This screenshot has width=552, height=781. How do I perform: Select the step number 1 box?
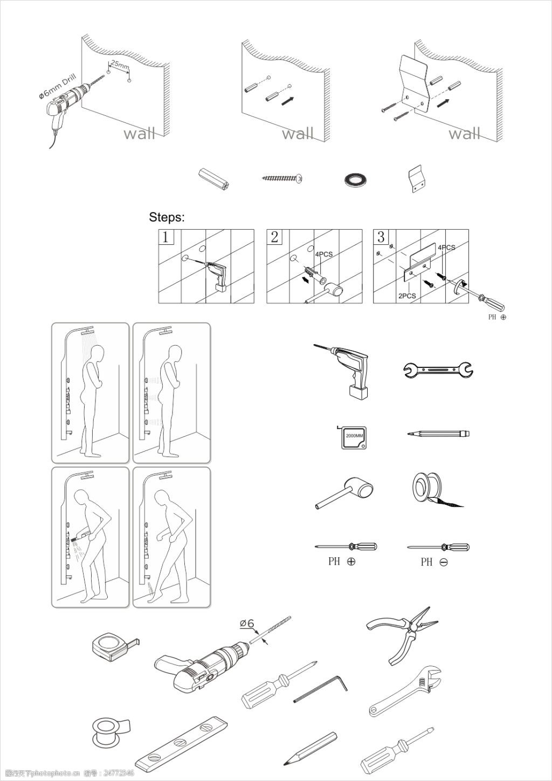tap(165, 237)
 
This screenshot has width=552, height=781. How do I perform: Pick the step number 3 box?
tap(381, 237)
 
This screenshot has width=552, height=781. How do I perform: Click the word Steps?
tap(167, 218)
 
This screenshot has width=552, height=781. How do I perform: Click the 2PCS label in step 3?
tap(406, 296)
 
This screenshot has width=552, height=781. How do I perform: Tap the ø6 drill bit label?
tap(247, 624)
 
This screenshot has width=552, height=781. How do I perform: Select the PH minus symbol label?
tap(434, 562)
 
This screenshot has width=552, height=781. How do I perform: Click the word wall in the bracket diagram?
tap(464, 133)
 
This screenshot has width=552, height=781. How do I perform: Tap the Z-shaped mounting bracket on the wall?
tap(414, 85)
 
